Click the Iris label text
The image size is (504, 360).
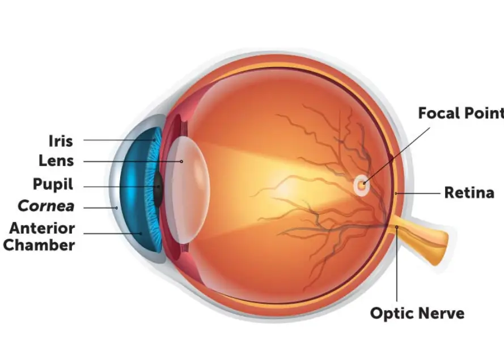(61, 141)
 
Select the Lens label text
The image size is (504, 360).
(56, 160)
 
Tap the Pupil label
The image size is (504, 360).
(53, 184)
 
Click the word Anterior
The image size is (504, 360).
(42, 228)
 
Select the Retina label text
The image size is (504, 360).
(469, 193)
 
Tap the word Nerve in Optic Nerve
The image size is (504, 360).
(442, 313)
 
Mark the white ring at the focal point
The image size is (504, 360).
(361, 185)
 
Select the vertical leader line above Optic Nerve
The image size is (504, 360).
(397, 266)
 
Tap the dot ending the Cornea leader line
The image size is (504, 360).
(117, 208)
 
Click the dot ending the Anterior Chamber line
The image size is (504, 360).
(141, 232)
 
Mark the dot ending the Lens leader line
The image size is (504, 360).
(182, 162)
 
